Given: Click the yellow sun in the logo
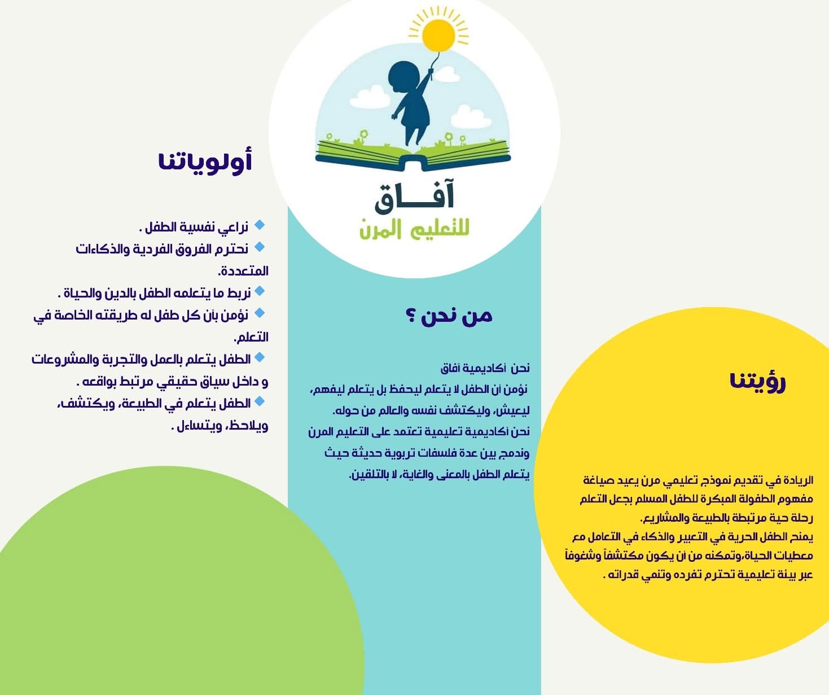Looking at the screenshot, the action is point(438,35).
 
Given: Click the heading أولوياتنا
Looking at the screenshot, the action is point(205,161).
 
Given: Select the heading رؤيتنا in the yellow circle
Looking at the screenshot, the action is point(757,381).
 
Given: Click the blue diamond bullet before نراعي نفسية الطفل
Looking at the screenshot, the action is point(260,225).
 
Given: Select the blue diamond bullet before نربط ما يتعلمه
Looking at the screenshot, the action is point(260,291).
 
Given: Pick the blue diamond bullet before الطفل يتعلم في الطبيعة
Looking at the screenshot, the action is point(260,401).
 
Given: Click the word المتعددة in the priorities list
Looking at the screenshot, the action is point(243,271).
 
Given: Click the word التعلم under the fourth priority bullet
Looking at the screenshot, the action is point(251,337).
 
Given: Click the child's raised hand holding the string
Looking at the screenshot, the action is point(430,73).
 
